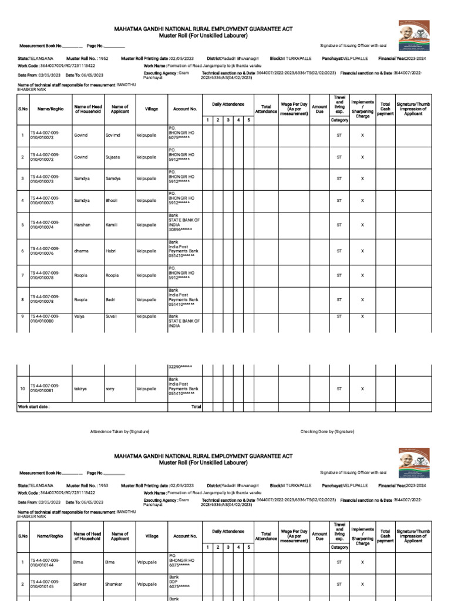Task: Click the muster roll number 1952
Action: pos(103,59)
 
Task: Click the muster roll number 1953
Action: pos(103,486)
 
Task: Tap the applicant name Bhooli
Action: pos(112,201)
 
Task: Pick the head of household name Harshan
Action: pos(82,225)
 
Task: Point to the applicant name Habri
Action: pos(110,251)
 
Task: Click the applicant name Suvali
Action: pos(112,316)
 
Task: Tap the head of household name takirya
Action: pos(81,389)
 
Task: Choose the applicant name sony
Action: pos(110,389)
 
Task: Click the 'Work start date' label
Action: pos(34,406)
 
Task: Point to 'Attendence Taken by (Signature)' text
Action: pos(119,431)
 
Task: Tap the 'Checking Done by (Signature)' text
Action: pos(327,431)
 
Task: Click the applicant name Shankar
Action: pos(114,585)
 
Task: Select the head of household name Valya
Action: pos(80,316)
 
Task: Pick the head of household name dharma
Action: pos(82,251)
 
